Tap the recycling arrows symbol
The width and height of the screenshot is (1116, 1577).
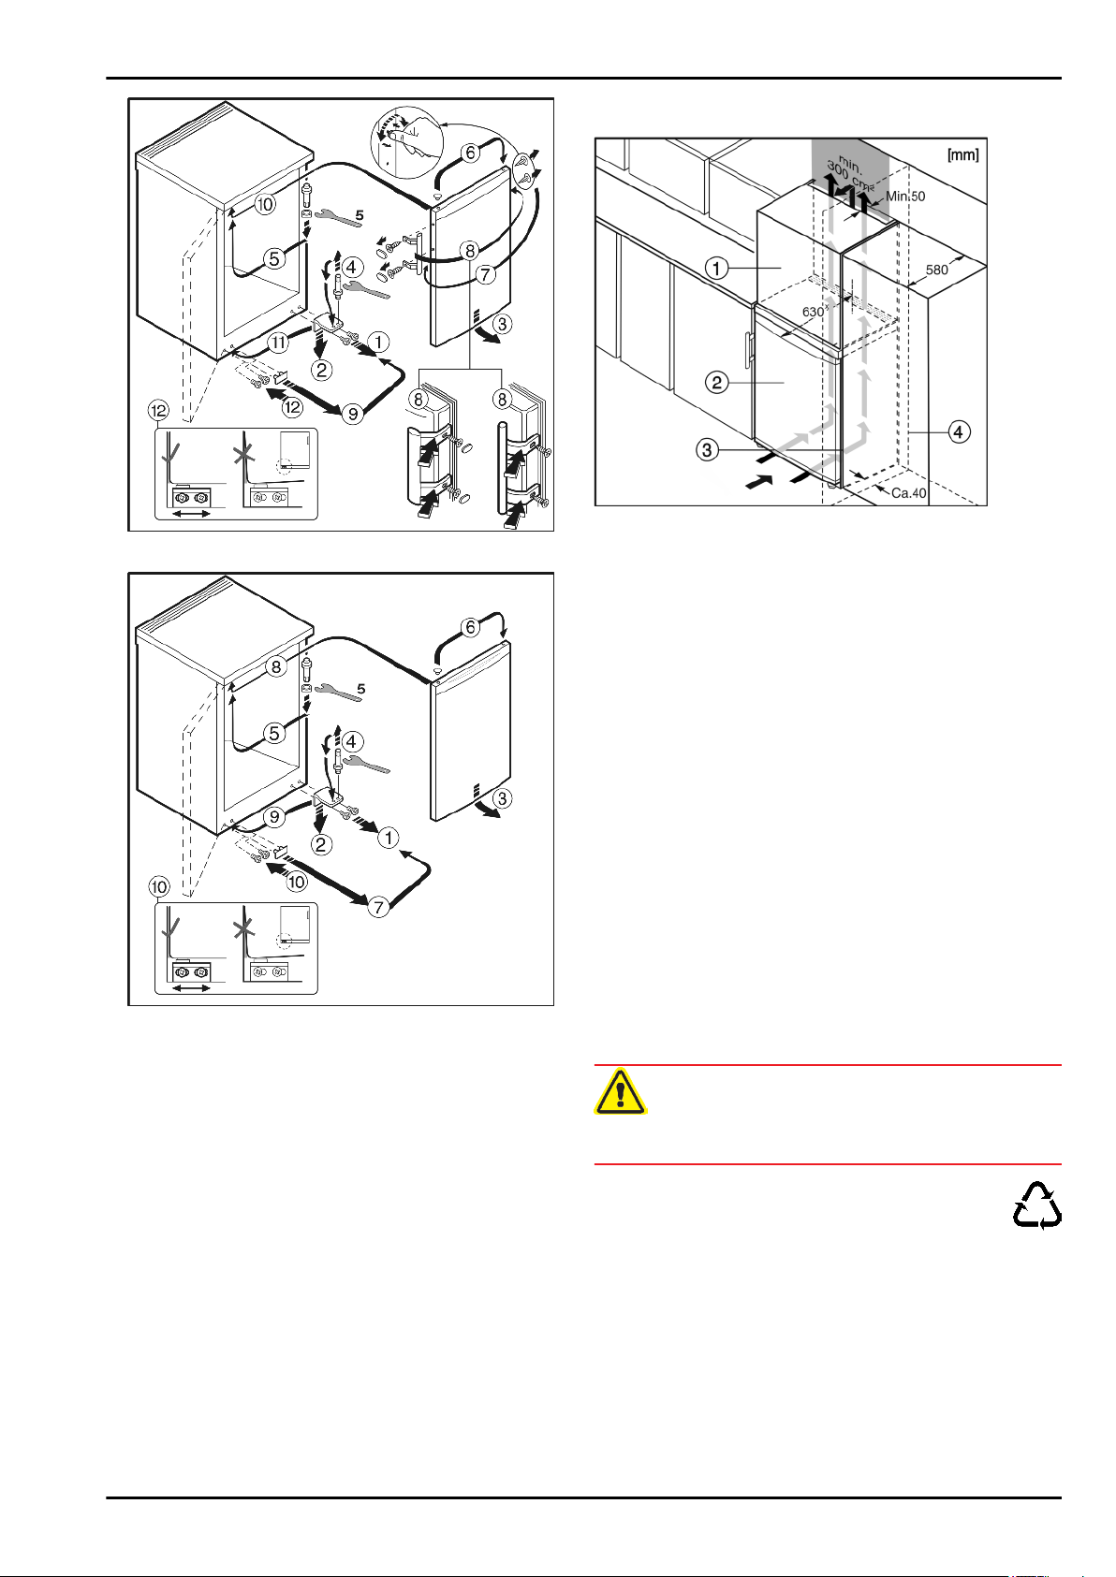[x=1037, y=1205]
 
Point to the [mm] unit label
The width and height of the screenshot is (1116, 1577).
[x=962, y=154]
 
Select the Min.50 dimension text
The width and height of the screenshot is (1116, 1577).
[x=904, y=197]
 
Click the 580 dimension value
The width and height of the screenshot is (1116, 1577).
[x=936, y=269]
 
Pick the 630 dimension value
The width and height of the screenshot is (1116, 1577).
[x=813, y=311]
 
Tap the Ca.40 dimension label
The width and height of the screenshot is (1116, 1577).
[x=908, y=493]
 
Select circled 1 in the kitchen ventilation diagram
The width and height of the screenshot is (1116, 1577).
[x=717, y=268]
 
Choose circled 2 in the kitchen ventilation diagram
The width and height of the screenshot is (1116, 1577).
[x=717, y=382]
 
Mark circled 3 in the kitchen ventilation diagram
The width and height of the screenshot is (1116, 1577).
[x=707, y=450]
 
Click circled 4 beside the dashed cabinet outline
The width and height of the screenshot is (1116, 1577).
[x=959, y=431]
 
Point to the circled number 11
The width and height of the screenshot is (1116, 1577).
[x=279, y=343]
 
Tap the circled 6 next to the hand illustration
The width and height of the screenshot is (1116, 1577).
[x=470, y=152]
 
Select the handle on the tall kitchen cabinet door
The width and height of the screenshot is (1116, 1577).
[x=748, y=351]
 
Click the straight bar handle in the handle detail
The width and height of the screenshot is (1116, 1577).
[x=501, y=468]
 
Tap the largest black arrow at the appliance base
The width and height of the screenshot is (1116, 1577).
[x=758, y=484]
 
